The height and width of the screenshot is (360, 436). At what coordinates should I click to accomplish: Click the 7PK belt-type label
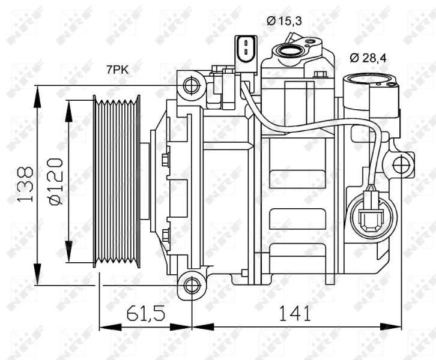pos(117,70)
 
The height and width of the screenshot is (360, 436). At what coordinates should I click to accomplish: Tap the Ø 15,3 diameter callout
pos(283,21)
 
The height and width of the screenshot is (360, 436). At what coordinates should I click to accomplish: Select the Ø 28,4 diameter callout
pos(368,58)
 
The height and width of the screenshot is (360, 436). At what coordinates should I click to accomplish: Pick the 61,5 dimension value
pos(145,312)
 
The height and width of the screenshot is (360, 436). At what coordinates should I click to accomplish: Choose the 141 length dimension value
pos(294,312)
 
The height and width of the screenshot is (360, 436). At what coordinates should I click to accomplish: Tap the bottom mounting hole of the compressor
pos(192,284)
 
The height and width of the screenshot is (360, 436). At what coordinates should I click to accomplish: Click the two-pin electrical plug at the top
pos(245,47)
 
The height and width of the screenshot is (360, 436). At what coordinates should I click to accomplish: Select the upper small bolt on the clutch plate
pos(166,159)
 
